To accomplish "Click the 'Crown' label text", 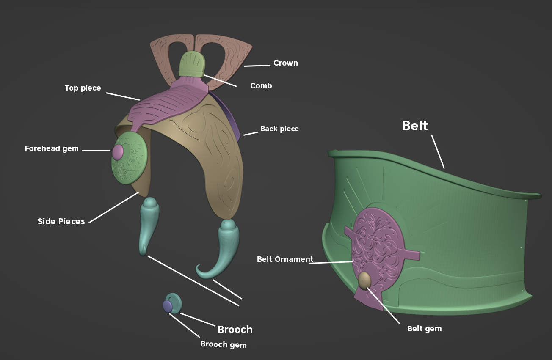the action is pos(286,63).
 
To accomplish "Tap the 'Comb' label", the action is pos(261,86).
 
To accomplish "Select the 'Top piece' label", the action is pos(83,88).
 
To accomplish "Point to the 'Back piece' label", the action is pos(279,129).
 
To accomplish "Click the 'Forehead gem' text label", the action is pos(52,148).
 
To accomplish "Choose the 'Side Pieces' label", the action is pos(61,221).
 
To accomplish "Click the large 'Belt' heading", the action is pos(415,126).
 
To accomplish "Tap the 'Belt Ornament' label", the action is pos(285,259).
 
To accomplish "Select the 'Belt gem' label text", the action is pos(424,329).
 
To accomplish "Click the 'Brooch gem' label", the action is pos(224,344).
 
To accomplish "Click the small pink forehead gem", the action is pos(118,152).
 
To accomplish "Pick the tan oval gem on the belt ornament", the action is pos(364,281).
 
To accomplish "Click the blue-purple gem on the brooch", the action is pos(168,306).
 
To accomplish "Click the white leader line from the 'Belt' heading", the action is pos(438,151).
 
